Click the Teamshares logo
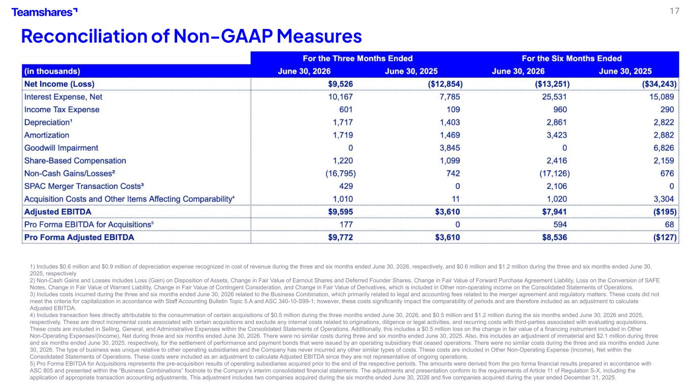tap(45, 12)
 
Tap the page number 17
tap(674, 11)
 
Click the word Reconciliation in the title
tap(84, 36)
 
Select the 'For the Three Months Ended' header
tap(357, 58)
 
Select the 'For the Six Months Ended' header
tap(572, 58)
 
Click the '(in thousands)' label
tap(52, 71)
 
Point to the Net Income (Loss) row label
tap(59, 84)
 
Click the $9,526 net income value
tap(340, 84)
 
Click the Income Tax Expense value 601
tap(346, 110)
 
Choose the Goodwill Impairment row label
tap(61, 148)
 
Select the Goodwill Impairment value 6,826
tap(664, 148)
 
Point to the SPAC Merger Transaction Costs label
tap(84, 186)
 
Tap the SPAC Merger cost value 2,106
tap(557, 186)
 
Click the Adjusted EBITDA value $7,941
tap(554, 212)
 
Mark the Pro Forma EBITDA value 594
tap(560, 224)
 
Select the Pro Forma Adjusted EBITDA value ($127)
tap(665, 238)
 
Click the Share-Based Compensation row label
tap(75, 160)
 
